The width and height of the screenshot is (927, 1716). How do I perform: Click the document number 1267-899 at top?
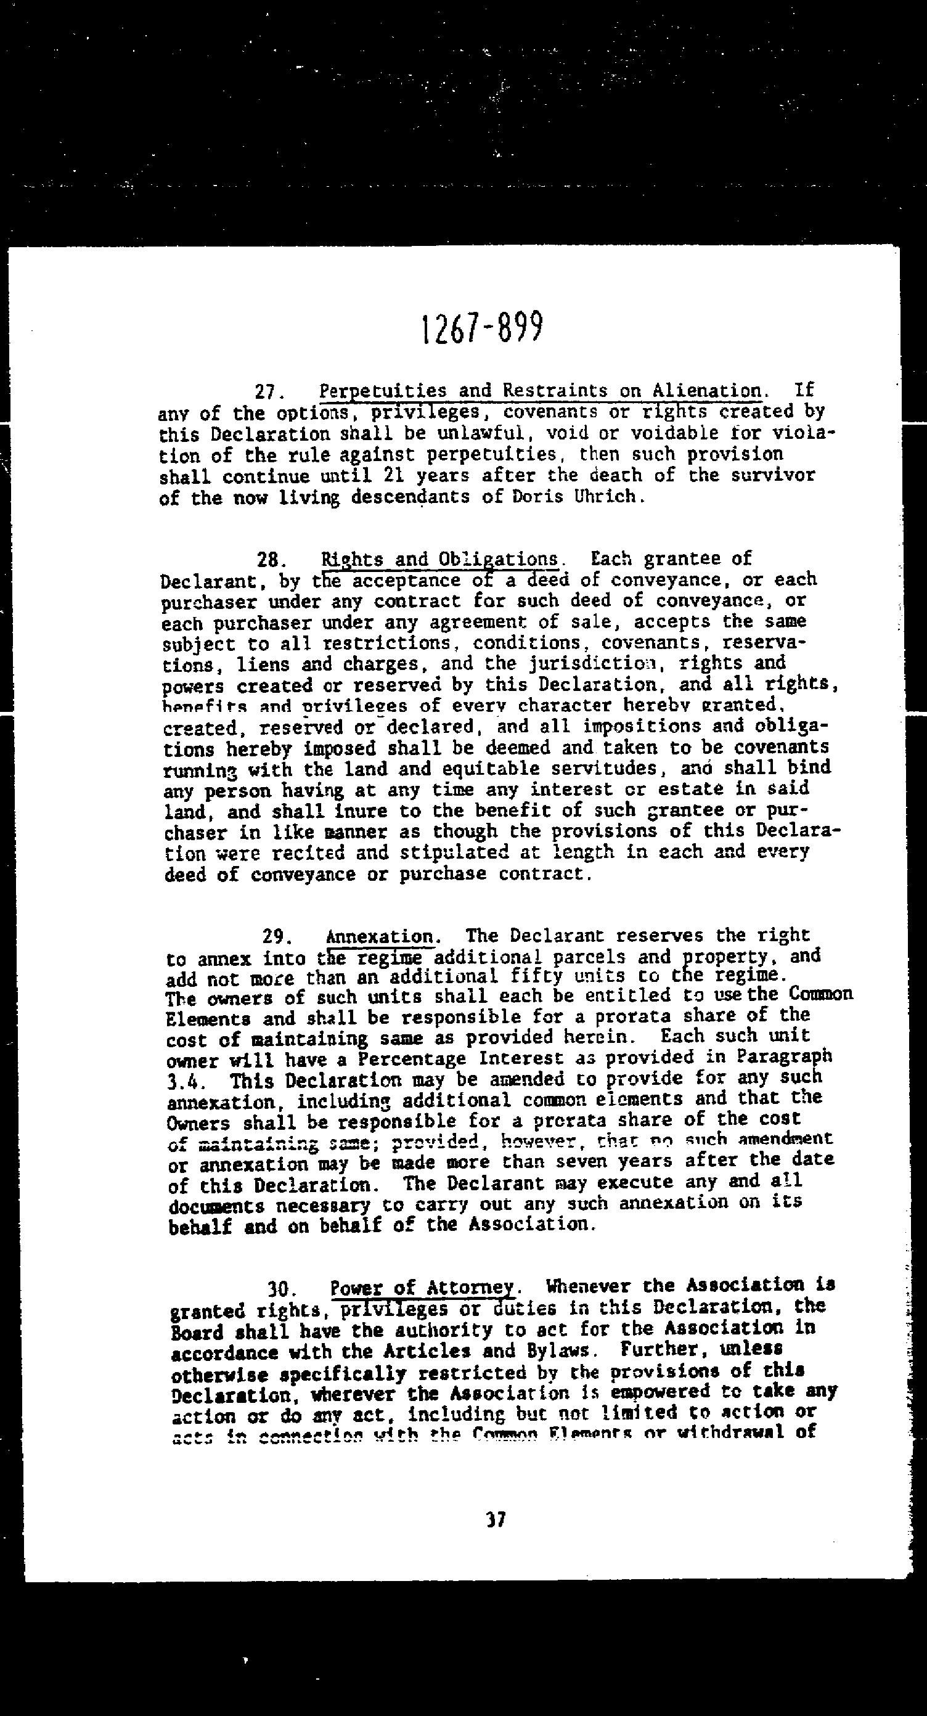pos(483,328)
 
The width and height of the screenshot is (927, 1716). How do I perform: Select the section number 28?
pos(274,560)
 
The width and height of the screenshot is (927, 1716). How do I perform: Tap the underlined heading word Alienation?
pos(707,390)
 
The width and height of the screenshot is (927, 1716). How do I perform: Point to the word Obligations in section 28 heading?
pos(498,559)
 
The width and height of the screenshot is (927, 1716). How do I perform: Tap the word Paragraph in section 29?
pos(785,1056)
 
